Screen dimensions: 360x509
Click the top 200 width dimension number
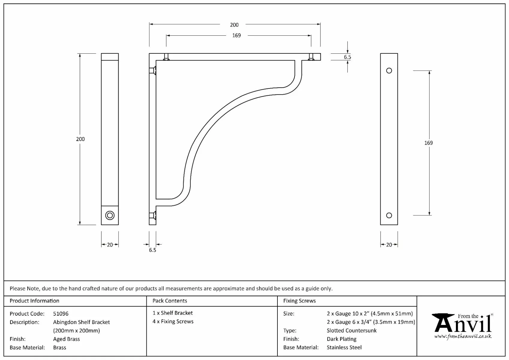[x=234, y=25]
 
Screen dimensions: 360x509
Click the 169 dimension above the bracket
[x=236, y=35]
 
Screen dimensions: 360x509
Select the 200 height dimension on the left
[x=80, y=139]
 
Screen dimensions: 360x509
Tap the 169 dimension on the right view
[x=428, y=143]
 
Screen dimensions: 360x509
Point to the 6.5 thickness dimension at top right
[x=347, y=57]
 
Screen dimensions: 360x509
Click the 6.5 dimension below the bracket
[x=152, y=250]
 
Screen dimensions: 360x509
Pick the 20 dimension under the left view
[x=110, y=245]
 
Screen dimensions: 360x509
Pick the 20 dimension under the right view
[x=389, y=245]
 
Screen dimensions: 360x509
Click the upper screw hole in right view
[x=389, y=71]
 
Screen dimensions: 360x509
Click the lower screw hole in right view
[x=389, y=215]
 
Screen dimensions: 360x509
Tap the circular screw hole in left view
[x=110, y=215]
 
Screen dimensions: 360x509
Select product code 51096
[x=61, y=314]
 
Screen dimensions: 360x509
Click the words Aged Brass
[x=67, y=339]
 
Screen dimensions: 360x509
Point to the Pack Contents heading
[x=170, y=301]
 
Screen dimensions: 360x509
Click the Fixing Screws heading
[x=299, y=301]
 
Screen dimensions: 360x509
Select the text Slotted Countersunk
[x=352, y=331]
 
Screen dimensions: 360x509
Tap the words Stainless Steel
[x=344, y=347]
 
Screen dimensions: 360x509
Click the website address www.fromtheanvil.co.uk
[x=463, y=337]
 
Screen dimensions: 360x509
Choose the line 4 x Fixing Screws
[x=173, y=322]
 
